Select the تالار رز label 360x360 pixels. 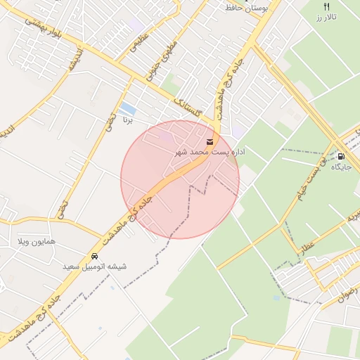pyautogui.click(x=326, y=16)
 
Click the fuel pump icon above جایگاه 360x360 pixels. pyautogui.click(x=341, y=156)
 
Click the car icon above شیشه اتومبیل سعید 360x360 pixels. pyautogui.click(x=94, y=256)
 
